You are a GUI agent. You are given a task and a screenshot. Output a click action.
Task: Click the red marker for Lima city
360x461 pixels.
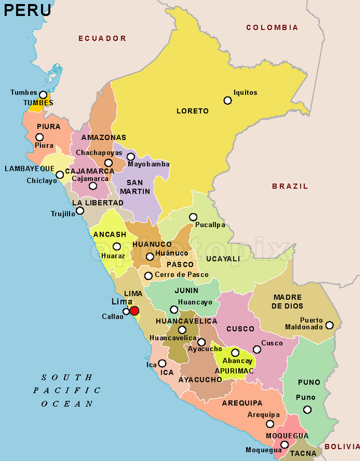pyautogui.click(x=134, y=311)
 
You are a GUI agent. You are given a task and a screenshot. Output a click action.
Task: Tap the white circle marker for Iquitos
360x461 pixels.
pyautogui.click(x=227, y=100)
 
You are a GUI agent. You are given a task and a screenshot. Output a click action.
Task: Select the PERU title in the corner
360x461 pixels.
pyautogui.click(x=27, y=10)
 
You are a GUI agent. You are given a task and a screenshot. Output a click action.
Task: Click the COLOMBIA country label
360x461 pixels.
pyautogui.click(x=272, y=27)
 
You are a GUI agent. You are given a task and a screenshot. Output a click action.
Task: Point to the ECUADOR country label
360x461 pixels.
pyautogui.click(x=102, y=38)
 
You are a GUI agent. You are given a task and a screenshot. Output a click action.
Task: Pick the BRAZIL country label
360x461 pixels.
pyautogui.click(x=289, y=186)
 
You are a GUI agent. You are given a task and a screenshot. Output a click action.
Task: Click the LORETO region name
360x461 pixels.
pyautogui.click(x=193, y=111)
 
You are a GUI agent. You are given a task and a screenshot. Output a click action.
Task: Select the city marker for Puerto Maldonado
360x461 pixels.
pyautogui.click(x=329, y=325)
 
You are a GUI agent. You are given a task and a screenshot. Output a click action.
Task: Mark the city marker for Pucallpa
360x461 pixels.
pyautogui.click(x=193, y=217)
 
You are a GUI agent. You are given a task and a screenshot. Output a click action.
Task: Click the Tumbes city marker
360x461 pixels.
pyautogui.click(x=43, y=94)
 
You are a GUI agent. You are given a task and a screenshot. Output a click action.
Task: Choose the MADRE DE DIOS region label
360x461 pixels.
pyautogui.click(x=288, y=302)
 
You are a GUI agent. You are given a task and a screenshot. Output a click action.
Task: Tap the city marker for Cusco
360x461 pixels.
pyautogui.click(x=257, y=349)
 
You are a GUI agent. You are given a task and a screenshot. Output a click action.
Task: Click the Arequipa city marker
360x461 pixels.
pyautogui.click(x=270, y=424)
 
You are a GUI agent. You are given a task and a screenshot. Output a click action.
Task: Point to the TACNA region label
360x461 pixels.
pyautogui.click(x=302, y=454)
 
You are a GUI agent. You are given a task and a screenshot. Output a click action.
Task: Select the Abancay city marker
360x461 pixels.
pyautogui.click(x=235, y=353)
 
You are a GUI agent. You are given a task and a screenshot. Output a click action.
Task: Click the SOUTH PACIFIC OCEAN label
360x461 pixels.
pyautogui.click(x=67, y=390)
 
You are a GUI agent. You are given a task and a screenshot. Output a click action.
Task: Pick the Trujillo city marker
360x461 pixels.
pyautogui.click(x=80, y=211)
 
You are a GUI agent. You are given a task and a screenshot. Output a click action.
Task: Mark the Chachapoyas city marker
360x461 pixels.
pyautogui.click(x=108, y=163)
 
